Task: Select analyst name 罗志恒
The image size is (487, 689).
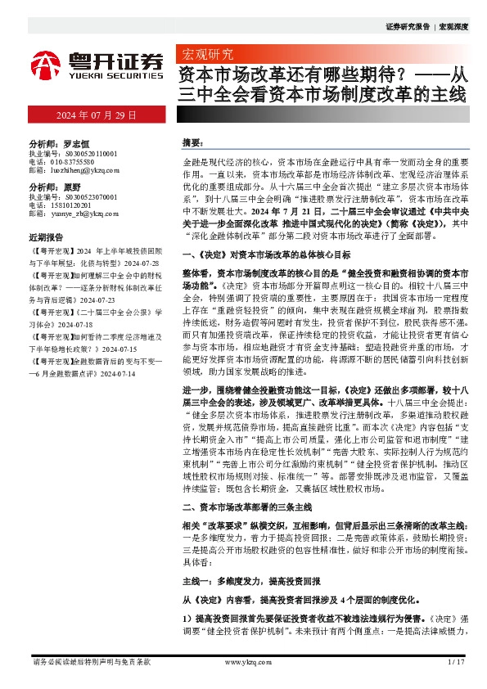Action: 73,142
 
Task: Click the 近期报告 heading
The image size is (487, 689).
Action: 47,236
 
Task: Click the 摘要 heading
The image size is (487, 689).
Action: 192,142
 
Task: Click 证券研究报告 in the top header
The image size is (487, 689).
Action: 407,26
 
